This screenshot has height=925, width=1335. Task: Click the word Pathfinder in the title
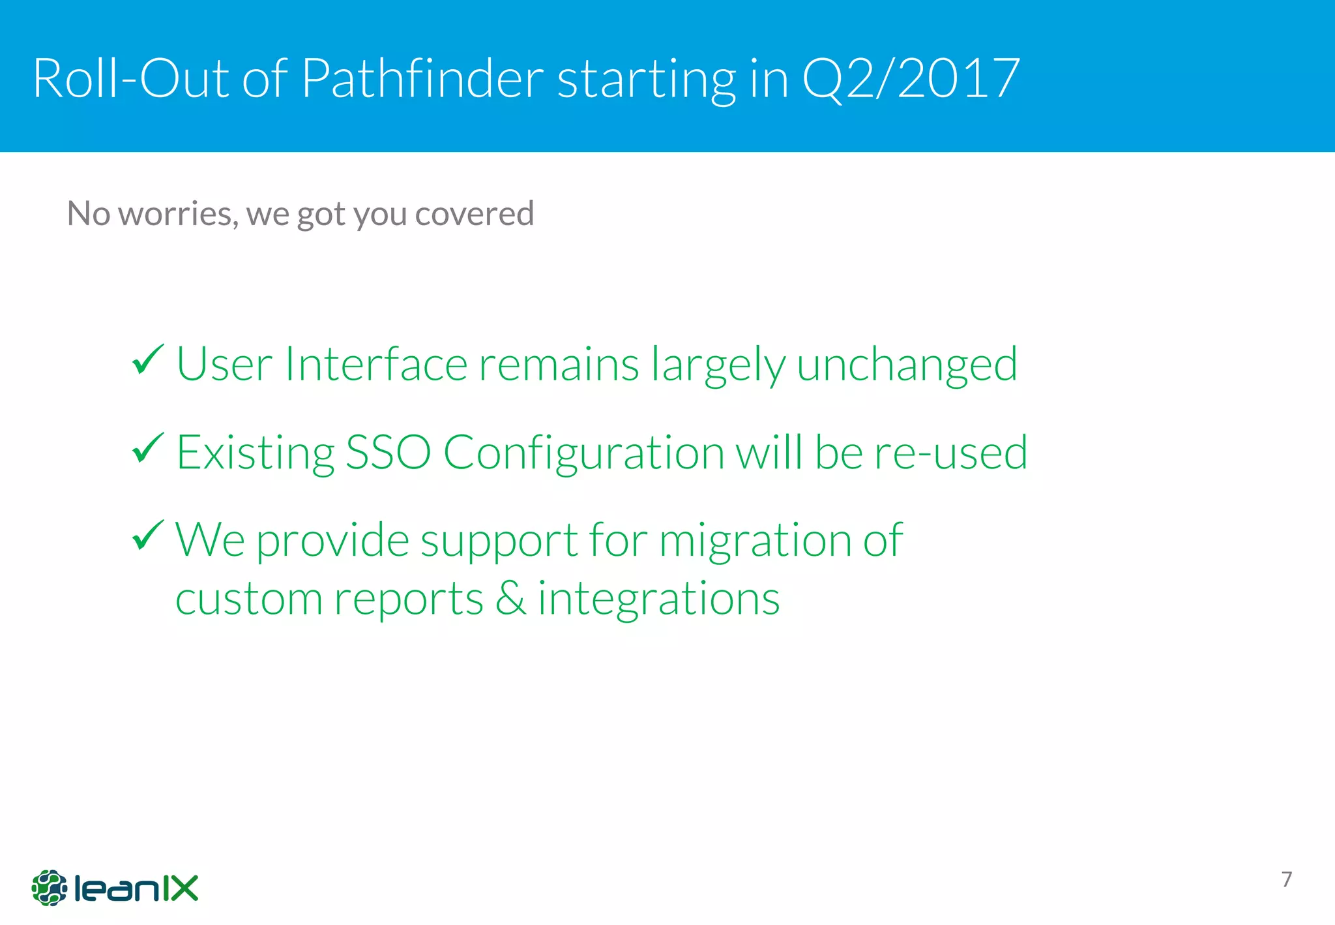click(422, 78)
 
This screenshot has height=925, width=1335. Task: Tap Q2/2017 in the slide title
click(911, 78)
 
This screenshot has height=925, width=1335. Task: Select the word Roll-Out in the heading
click(130, 78)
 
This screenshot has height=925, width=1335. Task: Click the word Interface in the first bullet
click(375, 364)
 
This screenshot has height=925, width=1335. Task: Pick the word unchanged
click(906, 364)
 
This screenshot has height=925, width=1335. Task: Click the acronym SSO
click(387, 452)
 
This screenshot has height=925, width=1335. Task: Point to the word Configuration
click(583, 452)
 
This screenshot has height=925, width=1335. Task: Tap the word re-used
click(950, 452)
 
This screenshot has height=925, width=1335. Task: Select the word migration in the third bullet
click(755, 540)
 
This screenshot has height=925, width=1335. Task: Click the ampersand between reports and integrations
click(510, 598)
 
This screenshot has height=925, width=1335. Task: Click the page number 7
click(1286, 879)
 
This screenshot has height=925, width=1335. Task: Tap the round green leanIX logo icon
click(49, 887)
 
